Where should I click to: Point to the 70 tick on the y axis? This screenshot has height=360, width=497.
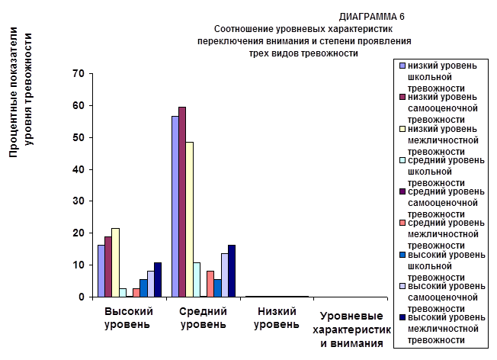click(79, 73)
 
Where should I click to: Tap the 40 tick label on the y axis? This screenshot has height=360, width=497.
click(79, 169)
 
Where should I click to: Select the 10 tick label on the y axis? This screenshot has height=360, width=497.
click(79, 265)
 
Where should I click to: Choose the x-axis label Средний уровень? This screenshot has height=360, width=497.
click(203, 317)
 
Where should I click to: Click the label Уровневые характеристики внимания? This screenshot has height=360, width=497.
click(351, 329)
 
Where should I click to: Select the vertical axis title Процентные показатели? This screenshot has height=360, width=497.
click(14, 99)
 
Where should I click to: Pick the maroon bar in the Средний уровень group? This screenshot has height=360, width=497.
click(182, 201)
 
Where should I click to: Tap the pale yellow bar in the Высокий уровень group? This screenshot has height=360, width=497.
click(115, 262)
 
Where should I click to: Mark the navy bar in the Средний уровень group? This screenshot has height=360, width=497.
click(232, 271)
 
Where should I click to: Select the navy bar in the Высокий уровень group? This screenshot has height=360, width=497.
click(158, 279)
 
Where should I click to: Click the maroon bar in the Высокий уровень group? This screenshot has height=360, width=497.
click(107, 266)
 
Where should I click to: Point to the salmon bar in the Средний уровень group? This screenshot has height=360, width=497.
click(210, 284)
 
